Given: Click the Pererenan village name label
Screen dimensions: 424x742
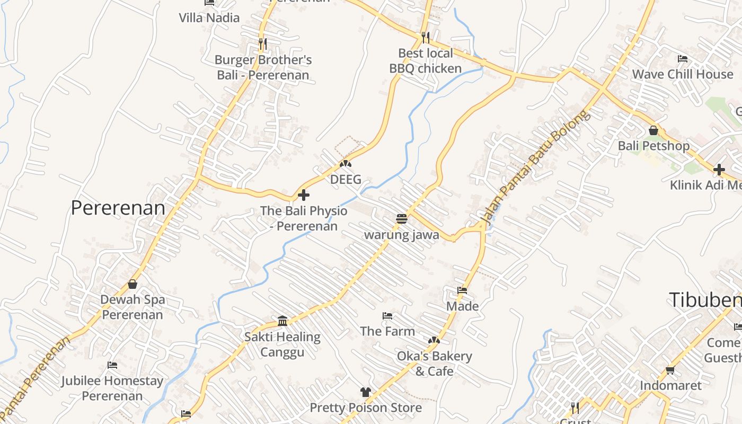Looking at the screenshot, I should (x=118, y=208).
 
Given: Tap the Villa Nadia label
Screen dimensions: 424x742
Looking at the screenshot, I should (x=209, y=17).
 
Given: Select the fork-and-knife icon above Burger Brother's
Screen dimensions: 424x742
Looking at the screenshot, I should (x=262, y=43).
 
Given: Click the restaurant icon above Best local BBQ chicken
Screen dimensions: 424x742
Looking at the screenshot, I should (x=426, y=37).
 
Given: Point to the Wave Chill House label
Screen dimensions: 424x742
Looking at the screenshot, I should (x=682, y=74).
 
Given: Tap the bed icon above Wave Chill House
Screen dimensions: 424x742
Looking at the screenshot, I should (x=683, y=59).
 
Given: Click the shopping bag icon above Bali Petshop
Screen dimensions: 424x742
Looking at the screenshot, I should (x=653, y=130).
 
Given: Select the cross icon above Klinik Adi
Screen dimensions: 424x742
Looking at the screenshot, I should (x=719, y=170).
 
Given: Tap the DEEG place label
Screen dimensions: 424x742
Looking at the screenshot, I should (x=346, y=179).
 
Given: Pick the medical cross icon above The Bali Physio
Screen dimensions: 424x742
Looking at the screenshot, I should (x=304, y=195).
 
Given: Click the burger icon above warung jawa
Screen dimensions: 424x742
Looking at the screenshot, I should (x=401, y=218).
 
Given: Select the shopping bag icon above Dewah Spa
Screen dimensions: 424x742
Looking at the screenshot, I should (x=132, y=285).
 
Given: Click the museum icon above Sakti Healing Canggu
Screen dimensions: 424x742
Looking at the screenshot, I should (x=282, y=321).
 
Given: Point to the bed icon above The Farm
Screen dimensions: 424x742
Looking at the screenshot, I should (x=387, y=316).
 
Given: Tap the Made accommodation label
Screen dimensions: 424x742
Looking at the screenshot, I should (x=462, y=306).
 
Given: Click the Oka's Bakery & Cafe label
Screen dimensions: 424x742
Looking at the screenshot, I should (x=434, y=363).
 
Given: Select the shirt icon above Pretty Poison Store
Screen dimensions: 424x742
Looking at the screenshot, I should (x=365, y=392).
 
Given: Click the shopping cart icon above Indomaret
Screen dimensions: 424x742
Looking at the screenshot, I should (x=670, y=370).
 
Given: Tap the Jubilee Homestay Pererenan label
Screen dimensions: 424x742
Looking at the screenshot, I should (x=112, y=388).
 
